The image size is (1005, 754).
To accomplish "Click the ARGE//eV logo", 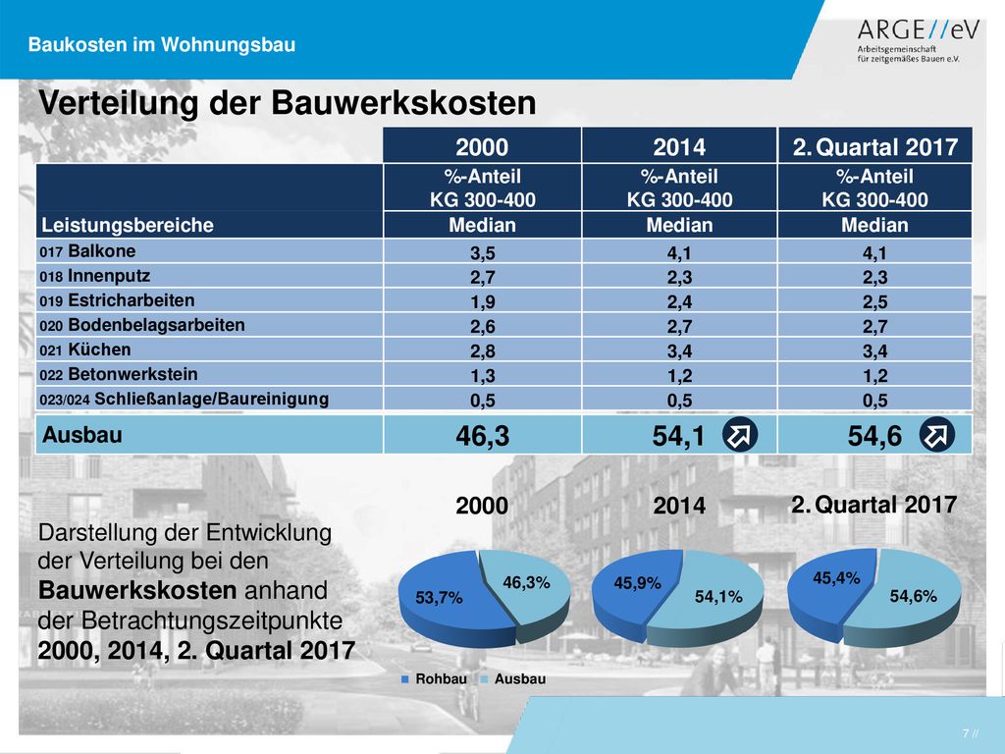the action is point(918,40).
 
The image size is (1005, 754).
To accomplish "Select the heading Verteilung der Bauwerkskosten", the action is point(288,102).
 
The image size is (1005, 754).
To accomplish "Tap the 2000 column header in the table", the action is point(482,147).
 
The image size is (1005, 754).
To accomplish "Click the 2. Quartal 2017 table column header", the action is point(874,147).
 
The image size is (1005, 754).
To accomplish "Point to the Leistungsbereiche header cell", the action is point(128,225).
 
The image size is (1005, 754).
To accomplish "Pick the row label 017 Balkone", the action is point(87,251).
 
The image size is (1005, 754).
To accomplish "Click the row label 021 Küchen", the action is point(84,350).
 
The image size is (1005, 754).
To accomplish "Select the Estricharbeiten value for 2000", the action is point(483,302).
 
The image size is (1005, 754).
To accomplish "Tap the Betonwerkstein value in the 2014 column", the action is point(679,376).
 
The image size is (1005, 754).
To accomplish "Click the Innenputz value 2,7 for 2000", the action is point(483,278).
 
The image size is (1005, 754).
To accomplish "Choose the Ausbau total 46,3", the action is point(483,436).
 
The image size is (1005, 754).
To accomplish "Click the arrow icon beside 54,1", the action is point(740,435).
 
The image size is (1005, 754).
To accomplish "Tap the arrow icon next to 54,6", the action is point(936,435).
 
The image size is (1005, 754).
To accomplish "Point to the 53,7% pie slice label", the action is point(439,598).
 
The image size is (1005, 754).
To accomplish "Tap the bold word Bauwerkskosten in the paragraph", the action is point(137,590).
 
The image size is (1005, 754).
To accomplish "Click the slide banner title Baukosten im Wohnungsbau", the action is point(162,45).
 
